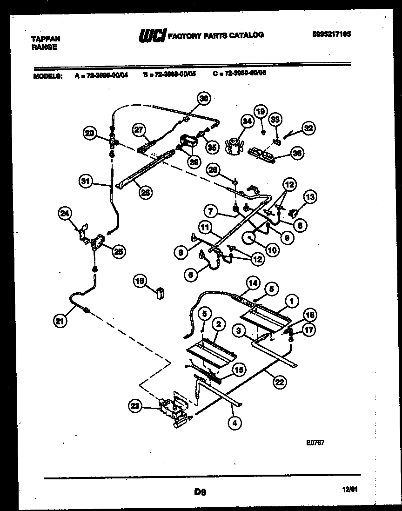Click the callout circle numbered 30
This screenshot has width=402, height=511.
click(x=203, y=98)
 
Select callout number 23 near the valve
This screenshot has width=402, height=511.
click(x=135, y=406)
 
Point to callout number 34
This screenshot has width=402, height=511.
click(x=247, y=122)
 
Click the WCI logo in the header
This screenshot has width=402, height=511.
click(x=152, y=35)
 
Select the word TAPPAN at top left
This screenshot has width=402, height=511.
click(x=45, y=39)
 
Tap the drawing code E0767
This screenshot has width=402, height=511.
click(x=315, y=443)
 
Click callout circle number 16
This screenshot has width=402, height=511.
click(x=139, y=280)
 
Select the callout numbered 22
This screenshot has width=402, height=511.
click(x=279, y=382)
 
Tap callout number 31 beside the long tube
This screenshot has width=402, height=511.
click(x=86, y=182)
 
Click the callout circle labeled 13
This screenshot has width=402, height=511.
click(x=309, y=197)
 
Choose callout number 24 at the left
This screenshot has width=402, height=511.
click(x=66, y=214)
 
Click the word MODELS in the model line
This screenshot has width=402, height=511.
click(x=48, y=73)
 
